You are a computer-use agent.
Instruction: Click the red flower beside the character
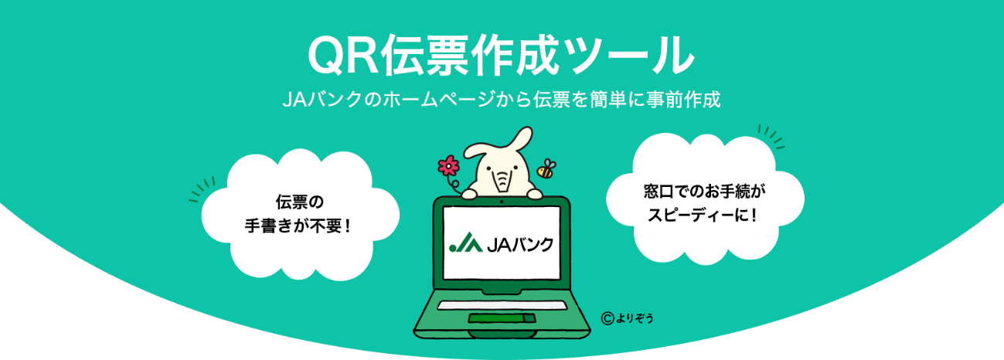(x=448, y=165)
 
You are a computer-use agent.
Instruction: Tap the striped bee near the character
(x=547, y=168)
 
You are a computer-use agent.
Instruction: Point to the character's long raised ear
(x=519, y=143)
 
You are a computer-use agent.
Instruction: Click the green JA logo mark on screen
(x=465, y=243)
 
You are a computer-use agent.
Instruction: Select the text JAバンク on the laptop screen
(x=521, y=244)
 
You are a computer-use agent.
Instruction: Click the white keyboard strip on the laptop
(x=502, y=305)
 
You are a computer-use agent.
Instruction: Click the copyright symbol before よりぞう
(x=608, y=316)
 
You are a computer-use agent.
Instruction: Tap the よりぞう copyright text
(x=634, y=317)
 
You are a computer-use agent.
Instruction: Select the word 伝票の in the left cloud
(x=299, y=202)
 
